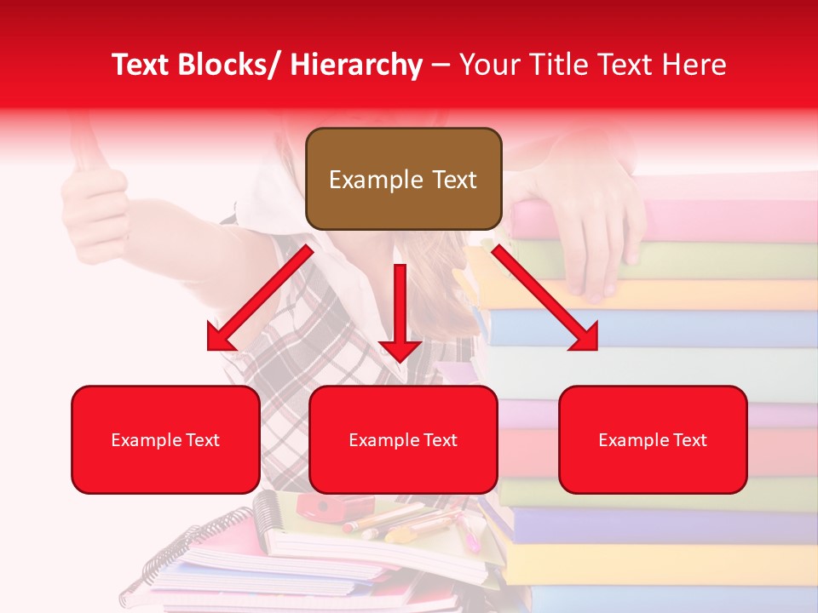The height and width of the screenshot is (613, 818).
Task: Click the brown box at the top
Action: pyautogui.click(x=403, y=179)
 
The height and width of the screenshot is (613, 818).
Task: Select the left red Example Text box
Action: pyautogui.click(x=165, y=439)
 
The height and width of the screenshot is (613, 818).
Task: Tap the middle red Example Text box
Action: pyautogui.click(x=403, y=439)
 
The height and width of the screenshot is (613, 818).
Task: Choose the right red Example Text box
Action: pyautogui.click(x=653, y=439)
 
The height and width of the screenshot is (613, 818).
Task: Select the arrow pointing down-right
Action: pyautogui.click(x=545, y=298)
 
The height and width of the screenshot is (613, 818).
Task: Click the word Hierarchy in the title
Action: pyautogui.click(x=356, y=65)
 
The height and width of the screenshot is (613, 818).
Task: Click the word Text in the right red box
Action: pyautogui.click(x=689, y=439)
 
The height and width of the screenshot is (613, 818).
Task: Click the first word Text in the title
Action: pyautogui.click(x=141, y=65)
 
